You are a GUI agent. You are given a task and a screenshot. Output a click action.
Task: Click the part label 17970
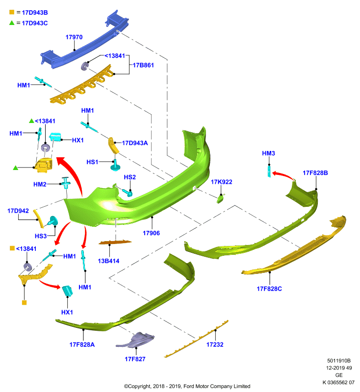coord(74,37)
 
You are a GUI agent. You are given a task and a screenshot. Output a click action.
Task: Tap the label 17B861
coord(143,65)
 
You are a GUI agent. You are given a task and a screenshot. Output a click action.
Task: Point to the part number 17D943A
coord(135,143)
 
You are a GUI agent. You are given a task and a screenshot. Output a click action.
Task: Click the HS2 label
coord(129,177)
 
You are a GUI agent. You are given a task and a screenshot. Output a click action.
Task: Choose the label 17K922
coord(221,182)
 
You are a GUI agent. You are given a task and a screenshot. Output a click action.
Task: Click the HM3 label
coord(268,153)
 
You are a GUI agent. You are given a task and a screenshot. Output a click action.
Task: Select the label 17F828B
coord(315,173)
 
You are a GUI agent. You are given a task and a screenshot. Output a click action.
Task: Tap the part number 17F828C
coord(269,289)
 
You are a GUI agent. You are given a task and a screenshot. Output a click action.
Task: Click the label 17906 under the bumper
coord(151,233)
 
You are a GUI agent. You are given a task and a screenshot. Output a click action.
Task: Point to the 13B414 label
coord(108,261)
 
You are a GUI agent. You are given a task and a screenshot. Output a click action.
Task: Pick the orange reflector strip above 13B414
coord(115,242)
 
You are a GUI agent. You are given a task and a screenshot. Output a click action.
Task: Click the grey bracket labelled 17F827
coord(136,340)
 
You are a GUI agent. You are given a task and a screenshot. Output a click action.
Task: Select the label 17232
coord(215,344)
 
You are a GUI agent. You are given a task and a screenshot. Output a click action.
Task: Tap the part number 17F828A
coord(82,344)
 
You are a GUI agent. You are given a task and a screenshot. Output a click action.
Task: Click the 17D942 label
coord(18,211)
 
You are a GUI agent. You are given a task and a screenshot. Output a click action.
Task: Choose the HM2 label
coord(40,184)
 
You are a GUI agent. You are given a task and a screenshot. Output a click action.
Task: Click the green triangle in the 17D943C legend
coord(12,23)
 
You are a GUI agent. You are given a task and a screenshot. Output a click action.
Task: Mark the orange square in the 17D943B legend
coord(12,12)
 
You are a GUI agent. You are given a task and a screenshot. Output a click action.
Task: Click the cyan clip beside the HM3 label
coord(269,171)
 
